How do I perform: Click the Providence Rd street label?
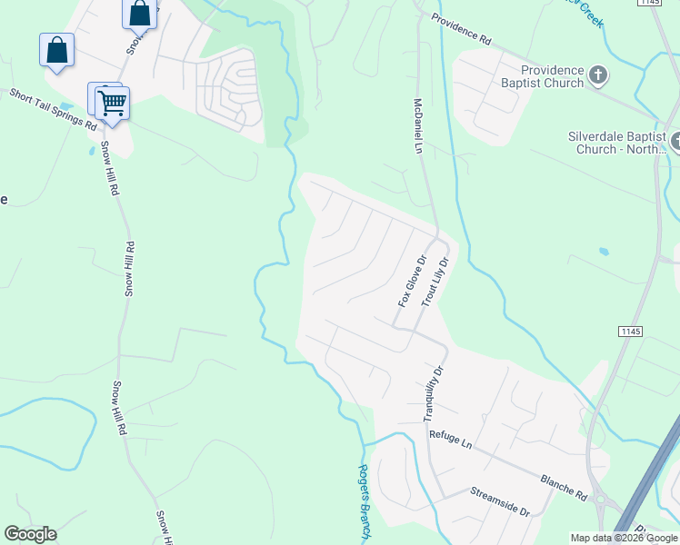point(461,30)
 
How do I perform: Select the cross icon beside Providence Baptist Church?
point(598,75)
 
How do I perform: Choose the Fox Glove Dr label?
point(411,280)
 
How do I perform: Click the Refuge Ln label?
point(452,441)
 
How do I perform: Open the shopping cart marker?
point(112,104)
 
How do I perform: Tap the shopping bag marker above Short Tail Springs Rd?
point(56,51)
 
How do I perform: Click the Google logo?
point(30,534)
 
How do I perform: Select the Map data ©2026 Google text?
point(623,538)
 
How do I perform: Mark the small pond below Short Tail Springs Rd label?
point(91,151)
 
